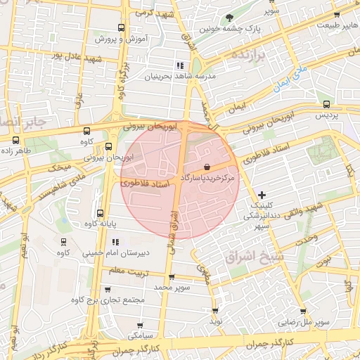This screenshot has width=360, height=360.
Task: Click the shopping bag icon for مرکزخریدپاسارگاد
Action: [207, 167]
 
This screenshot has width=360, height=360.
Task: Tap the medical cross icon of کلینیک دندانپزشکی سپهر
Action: [262, 194]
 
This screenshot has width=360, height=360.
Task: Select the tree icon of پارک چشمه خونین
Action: [230, 18]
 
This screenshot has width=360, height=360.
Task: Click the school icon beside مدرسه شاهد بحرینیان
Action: [180, 65]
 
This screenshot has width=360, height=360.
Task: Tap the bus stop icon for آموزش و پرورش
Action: [122, 28]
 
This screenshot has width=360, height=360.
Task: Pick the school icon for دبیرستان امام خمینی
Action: [114, 242]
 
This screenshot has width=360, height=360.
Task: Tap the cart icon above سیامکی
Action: [143, 326]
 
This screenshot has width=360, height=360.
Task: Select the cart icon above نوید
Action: [214, 309]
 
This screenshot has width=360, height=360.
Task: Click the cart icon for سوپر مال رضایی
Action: [303, 311]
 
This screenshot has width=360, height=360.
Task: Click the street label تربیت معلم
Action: [130, 271]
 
